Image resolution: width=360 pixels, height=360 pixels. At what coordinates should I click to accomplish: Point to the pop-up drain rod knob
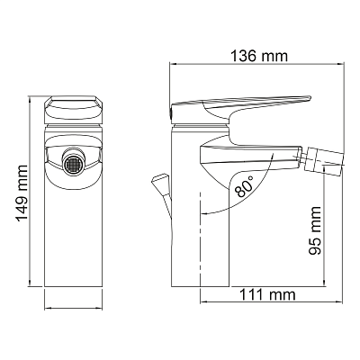pyautogui.click(x=159, y=181)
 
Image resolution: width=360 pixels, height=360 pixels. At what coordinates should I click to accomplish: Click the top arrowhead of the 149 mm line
pyautogui.click(x=33, y=94)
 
